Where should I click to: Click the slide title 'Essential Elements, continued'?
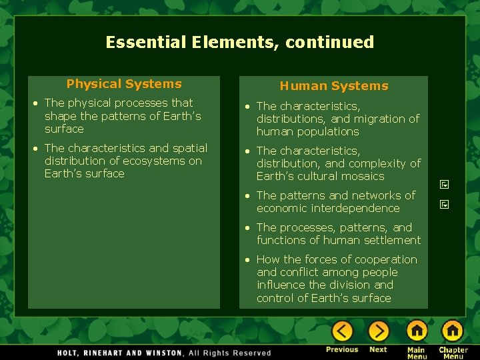tap(240, 43)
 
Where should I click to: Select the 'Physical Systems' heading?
tap(124, 84)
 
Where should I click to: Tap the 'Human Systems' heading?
tap(333, 86)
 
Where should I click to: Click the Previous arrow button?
tap(342, 331)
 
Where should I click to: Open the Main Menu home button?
tap(417, 331)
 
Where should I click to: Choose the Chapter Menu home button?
tap(453, 331)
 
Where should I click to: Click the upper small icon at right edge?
tap(445, 185)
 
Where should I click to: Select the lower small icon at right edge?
tap(445, 204)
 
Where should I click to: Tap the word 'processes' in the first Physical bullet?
tap(141, 103)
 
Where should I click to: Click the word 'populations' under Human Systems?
tap(327, 131)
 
